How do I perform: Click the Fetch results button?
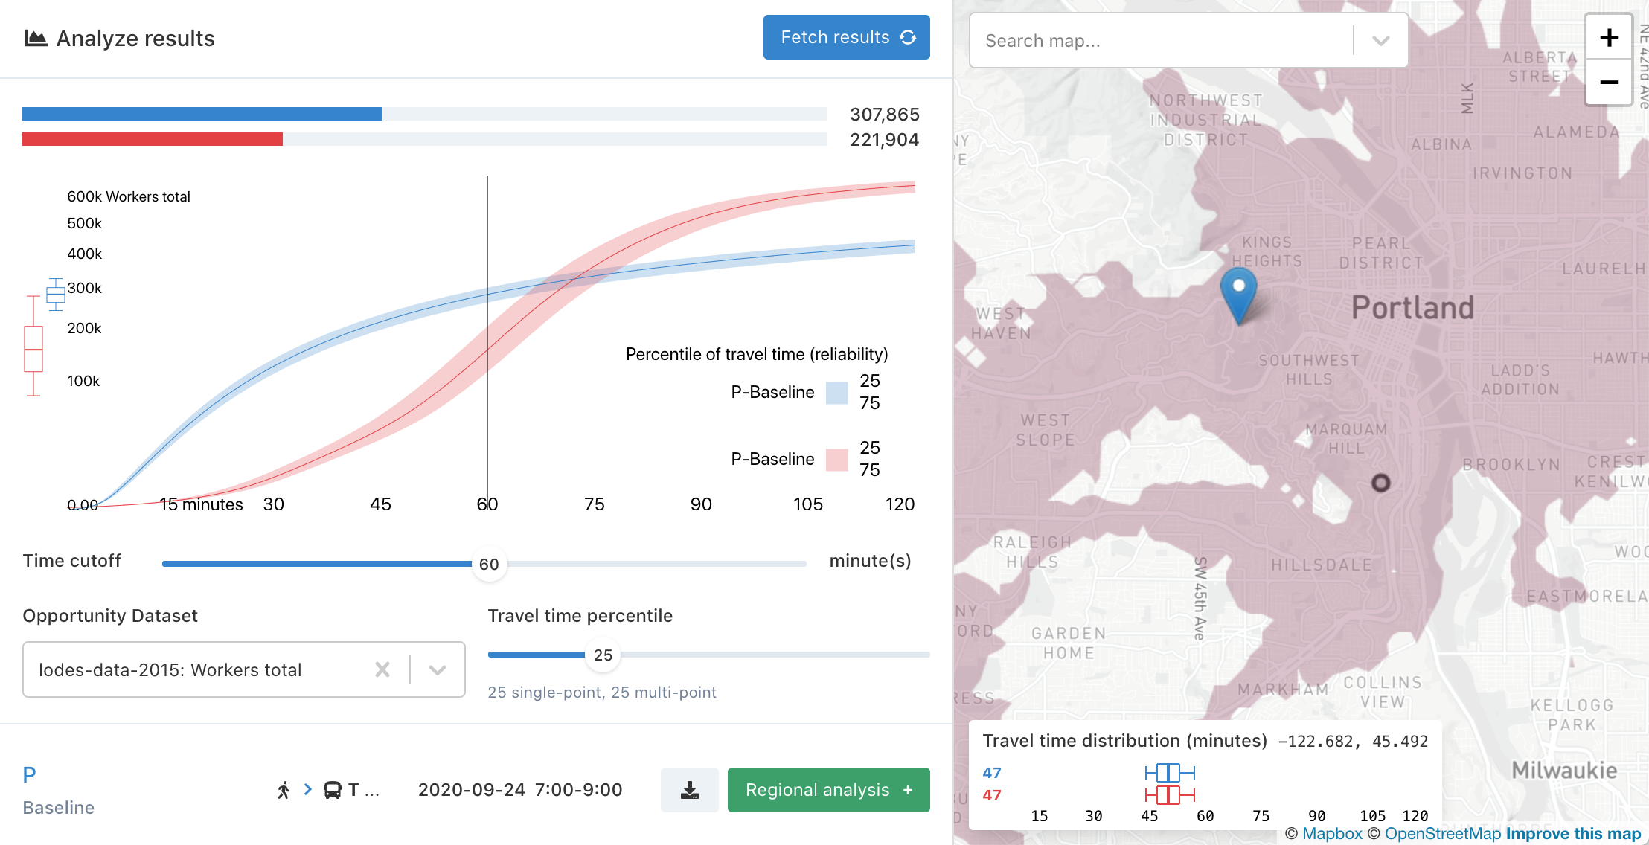846,37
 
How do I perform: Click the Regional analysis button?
828,790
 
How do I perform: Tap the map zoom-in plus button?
1609,38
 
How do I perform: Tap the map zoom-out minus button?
1609,83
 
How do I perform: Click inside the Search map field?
1161,41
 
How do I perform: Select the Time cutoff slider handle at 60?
489,565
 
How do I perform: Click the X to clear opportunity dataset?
382,669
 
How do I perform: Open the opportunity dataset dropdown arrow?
438,669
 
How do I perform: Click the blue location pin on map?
1239,294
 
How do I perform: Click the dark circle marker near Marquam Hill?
1380,483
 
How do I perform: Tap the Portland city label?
1412,307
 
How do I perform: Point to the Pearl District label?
1381,253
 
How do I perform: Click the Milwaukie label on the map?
1564,770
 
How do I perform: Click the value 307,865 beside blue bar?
885,115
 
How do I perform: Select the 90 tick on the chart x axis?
701,504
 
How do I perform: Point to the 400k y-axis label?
85,254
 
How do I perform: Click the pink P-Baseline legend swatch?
837,460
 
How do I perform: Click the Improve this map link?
1573,834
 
